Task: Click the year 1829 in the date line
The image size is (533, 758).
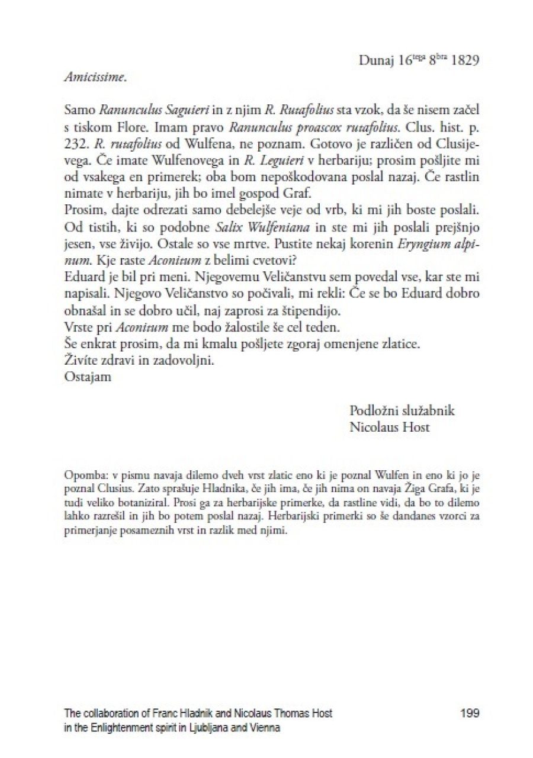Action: tap(465, 61)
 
